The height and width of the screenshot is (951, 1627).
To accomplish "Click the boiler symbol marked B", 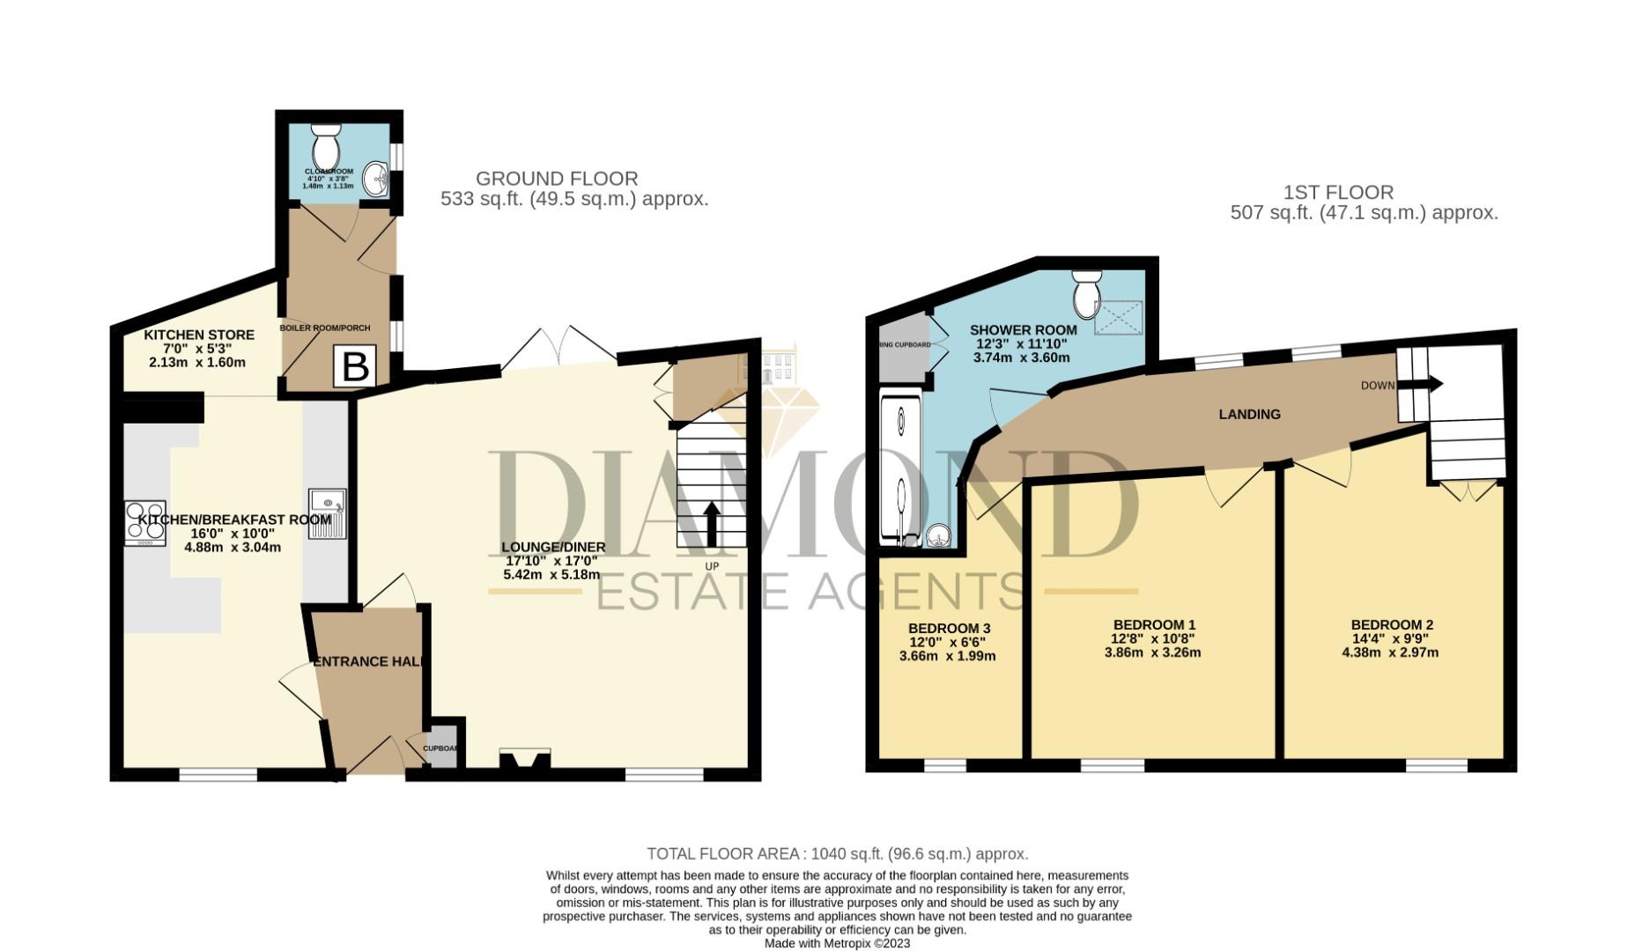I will coord(354,366).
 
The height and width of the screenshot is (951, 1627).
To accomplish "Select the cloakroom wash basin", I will coord(378,179).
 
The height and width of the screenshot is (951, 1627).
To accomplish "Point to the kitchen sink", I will coord(328,513).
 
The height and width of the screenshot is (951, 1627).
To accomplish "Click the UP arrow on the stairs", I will coord(712,524).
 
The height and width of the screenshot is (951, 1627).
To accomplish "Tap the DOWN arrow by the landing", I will coord(1429,384).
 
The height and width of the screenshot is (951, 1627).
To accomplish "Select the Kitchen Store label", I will coord(199,335).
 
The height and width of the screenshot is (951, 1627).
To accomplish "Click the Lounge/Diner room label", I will coord(553,547).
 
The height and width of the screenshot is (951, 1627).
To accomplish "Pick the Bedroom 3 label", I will coord(949,628).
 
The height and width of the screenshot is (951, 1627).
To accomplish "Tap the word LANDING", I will coord(1249,414).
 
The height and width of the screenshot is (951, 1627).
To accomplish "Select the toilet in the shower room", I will coord(1086,295).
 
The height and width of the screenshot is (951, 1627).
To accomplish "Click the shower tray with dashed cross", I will coord(1119,318).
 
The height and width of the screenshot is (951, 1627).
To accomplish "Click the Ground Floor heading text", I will coord(557,179).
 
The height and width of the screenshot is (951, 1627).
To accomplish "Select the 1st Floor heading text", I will coord(1338,192).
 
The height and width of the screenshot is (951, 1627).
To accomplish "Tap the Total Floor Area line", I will coord(837,853).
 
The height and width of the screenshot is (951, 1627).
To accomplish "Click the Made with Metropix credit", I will coord(837,943).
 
